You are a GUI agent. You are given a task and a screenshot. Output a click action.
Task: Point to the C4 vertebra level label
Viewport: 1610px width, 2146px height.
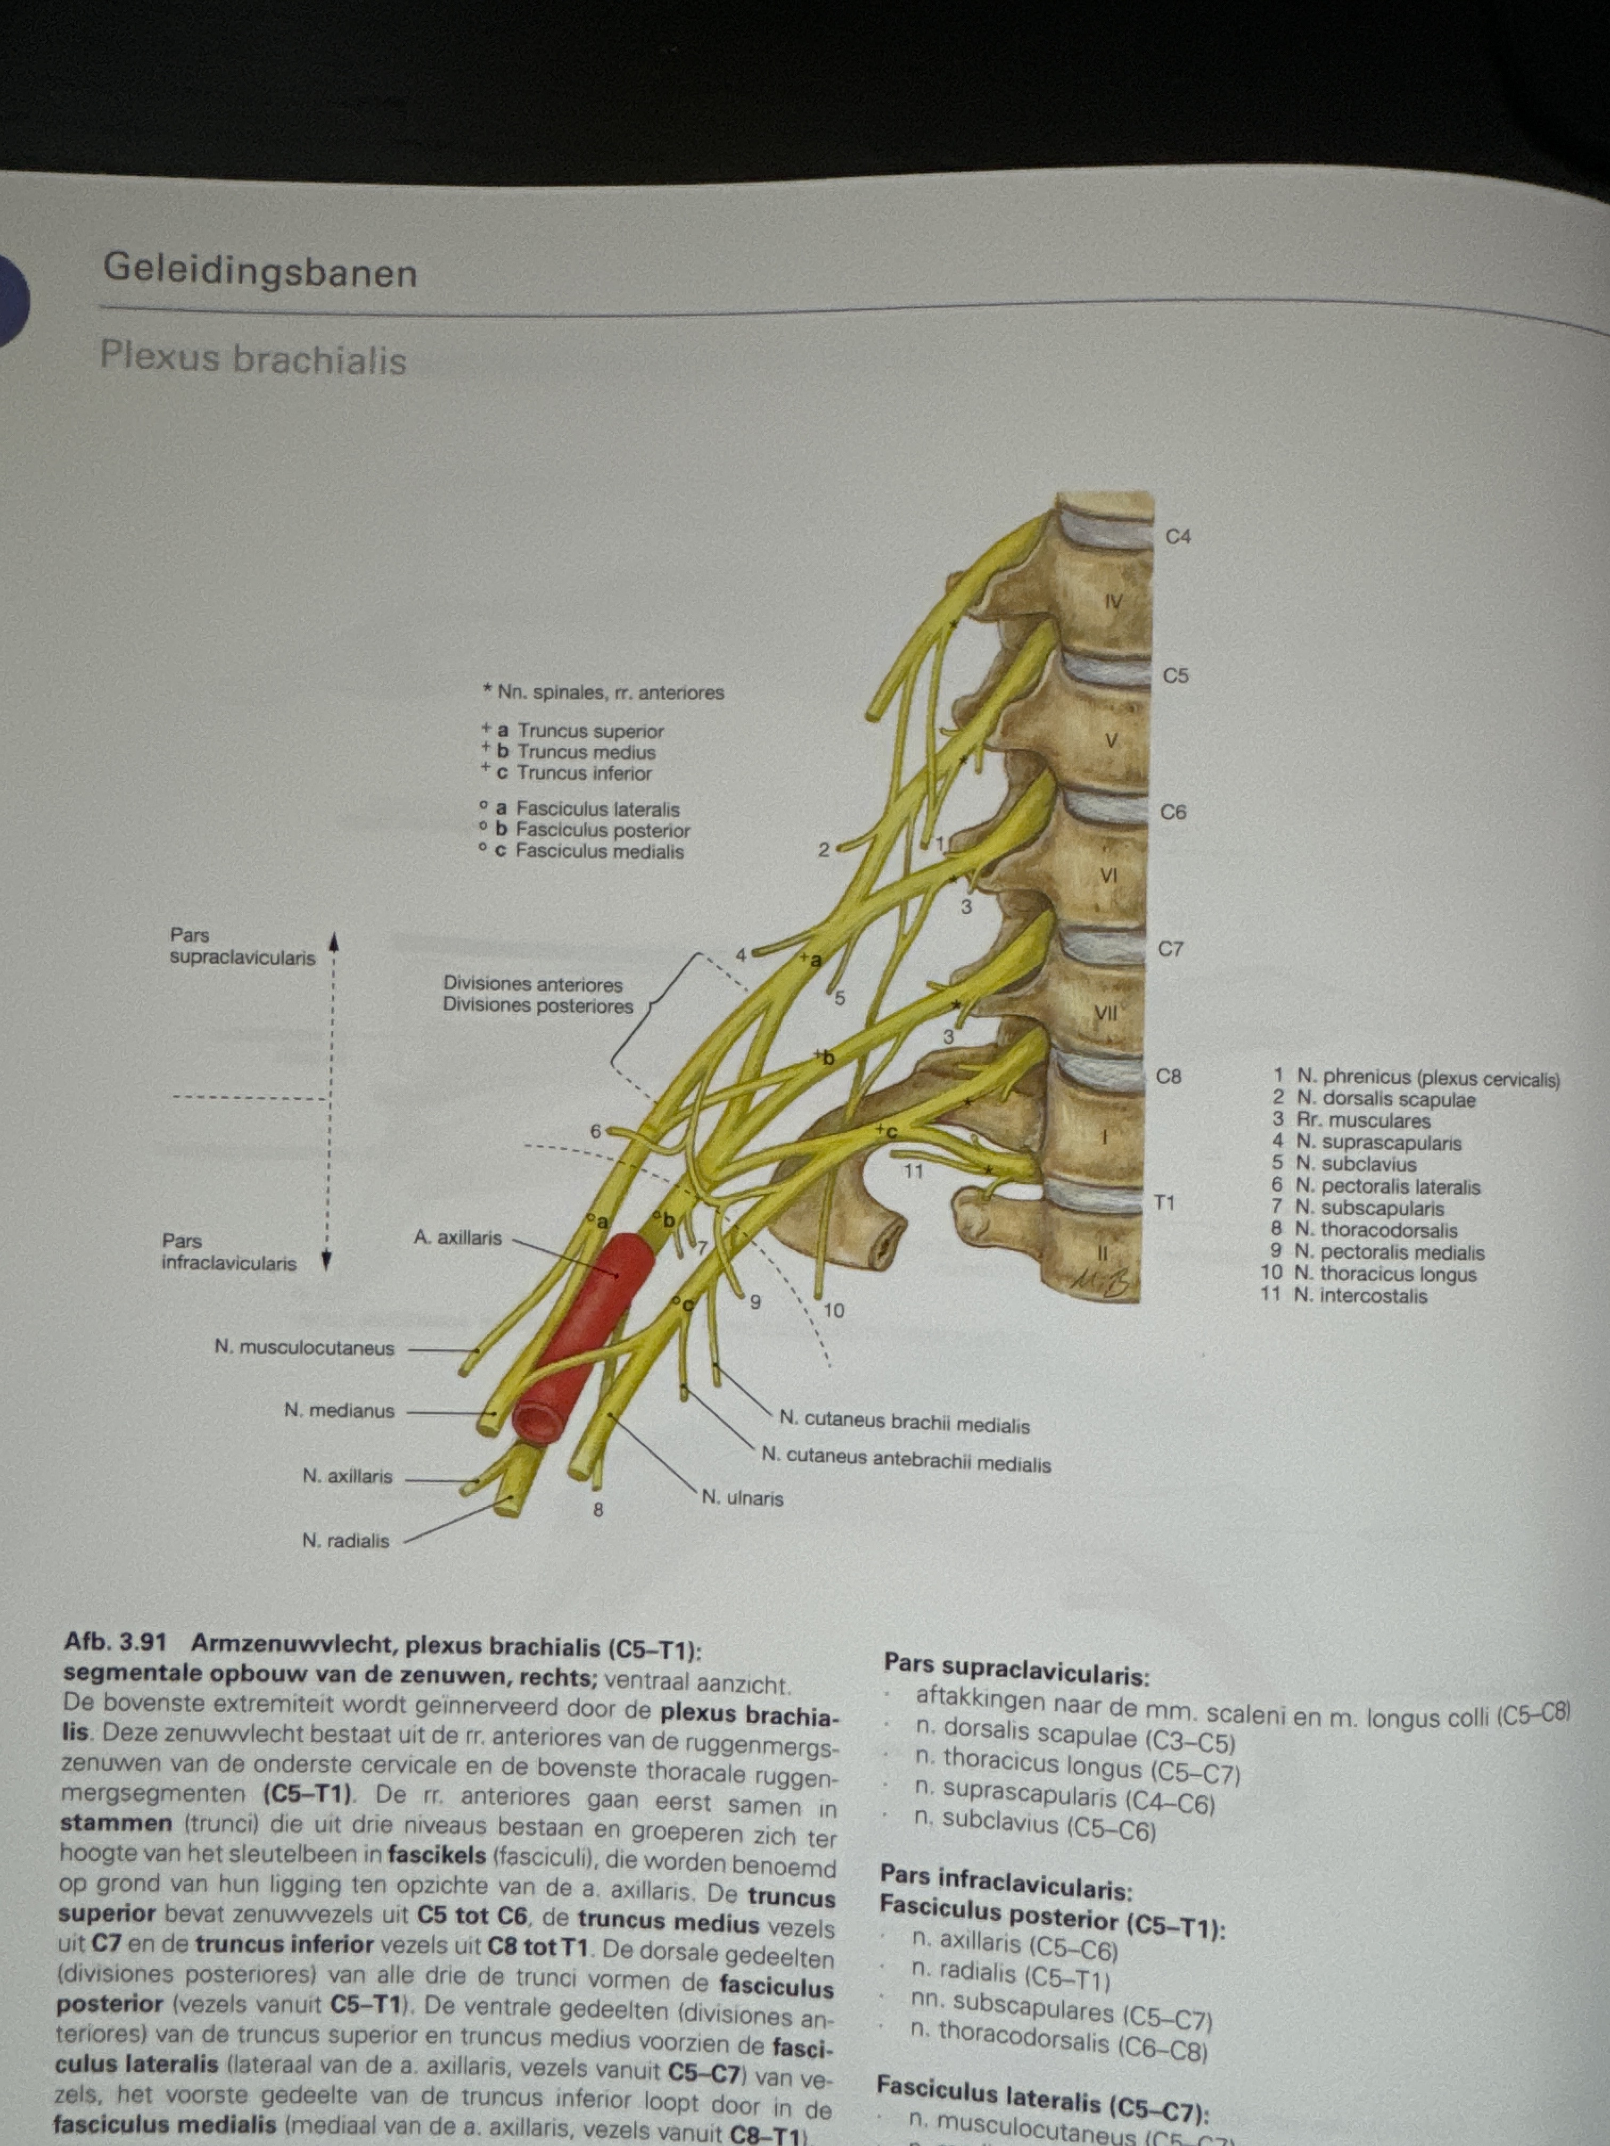click(x=1177, y=536)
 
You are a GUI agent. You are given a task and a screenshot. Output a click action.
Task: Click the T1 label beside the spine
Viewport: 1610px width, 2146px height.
click(x=1164, y=1203)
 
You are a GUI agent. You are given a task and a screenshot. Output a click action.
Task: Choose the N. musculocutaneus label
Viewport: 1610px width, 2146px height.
click(x=305, y=1348)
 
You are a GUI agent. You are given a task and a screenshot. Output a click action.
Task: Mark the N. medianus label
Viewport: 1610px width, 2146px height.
click(x=340, y=1410)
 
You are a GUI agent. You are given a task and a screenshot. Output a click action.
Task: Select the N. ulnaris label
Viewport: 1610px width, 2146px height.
click(x=742, y=1498)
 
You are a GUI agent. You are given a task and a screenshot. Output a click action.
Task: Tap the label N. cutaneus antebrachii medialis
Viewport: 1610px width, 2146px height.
click(x=906, y=1460)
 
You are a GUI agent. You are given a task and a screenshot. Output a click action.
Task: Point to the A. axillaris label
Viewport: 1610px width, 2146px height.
click(x=457, y=1238)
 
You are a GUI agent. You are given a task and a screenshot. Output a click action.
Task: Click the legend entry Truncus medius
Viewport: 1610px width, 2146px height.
click(x=585, y=752)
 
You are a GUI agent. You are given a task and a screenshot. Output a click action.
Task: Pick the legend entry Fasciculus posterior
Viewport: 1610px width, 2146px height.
click(x=602, y=830)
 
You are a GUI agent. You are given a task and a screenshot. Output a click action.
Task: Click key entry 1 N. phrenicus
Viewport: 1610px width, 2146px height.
click(x=1417, y=1077)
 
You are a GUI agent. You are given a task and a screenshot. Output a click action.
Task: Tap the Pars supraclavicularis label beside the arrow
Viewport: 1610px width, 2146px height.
click(x=242, y=946)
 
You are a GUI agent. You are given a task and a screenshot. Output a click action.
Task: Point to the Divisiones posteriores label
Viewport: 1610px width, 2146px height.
click(x=538, y=1005)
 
